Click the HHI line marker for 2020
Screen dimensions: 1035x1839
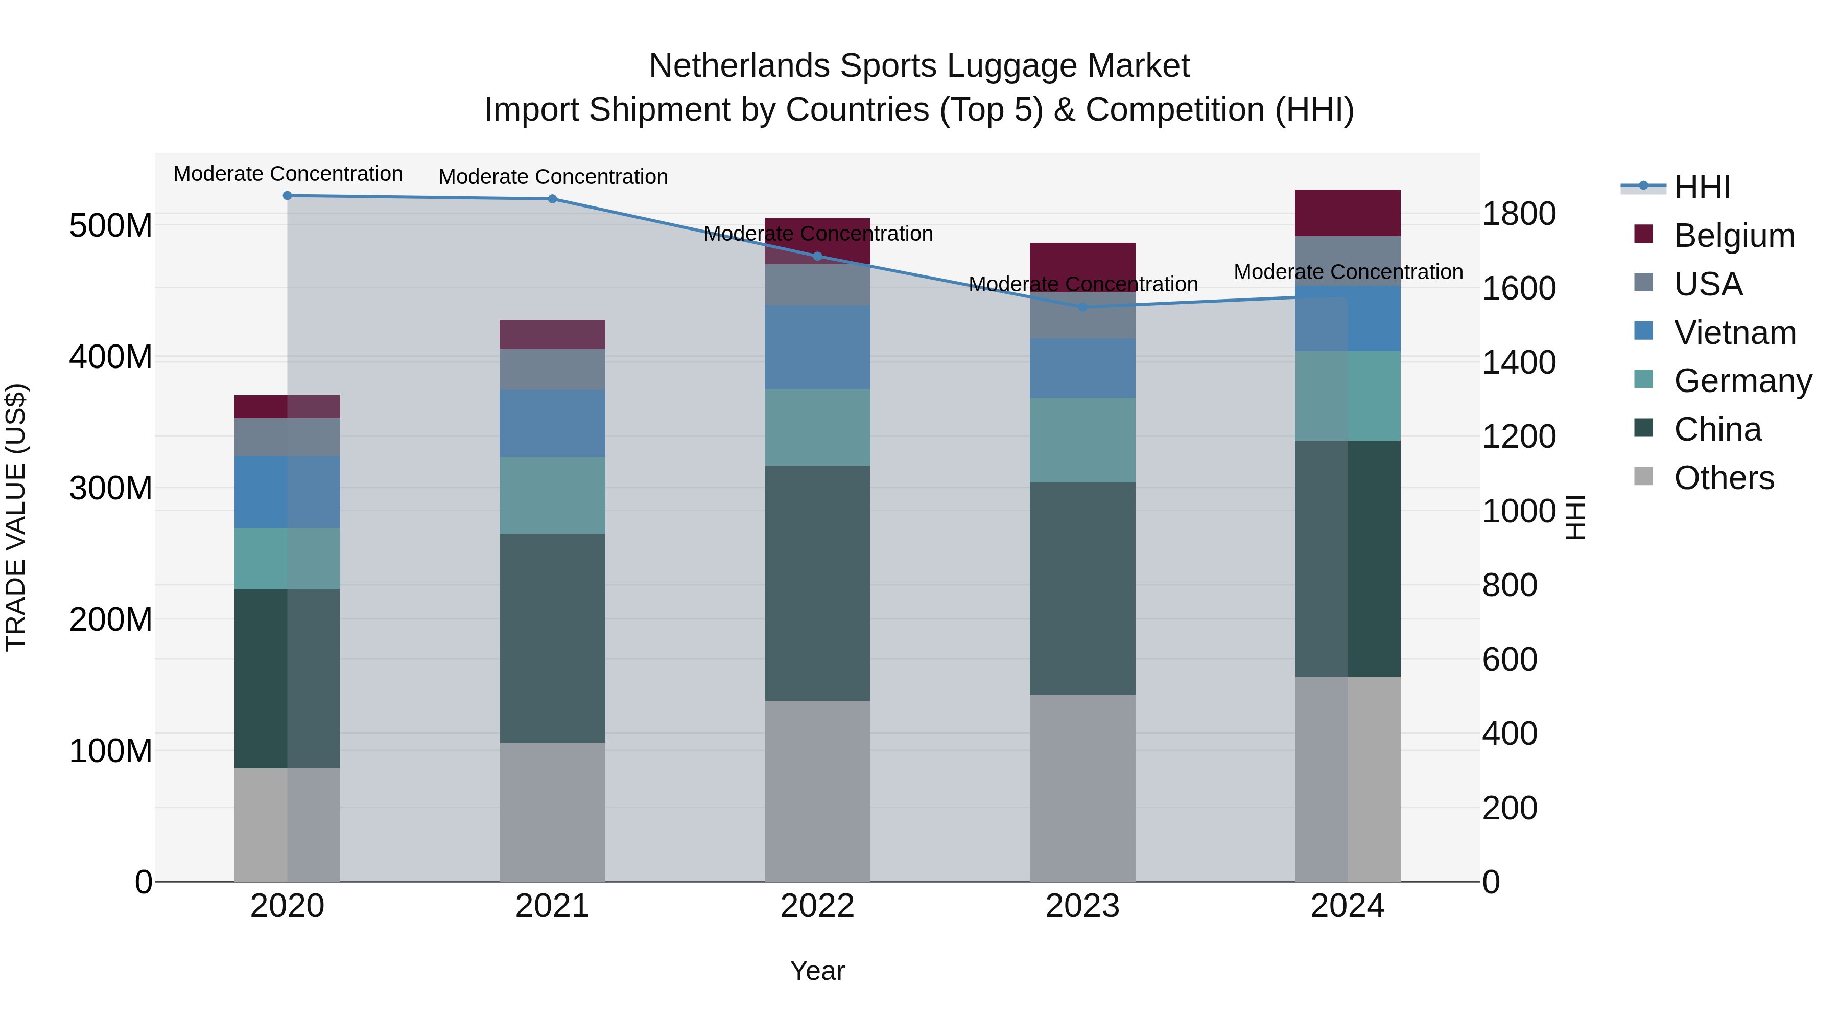[x=287, y=196]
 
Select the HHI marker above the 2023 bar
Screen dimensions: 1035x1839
[x=1082, y=307]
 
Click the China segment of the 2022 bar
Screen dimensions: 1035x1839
[x=817, y=583]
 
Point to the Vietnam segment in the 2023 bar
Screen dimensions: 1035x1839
[x=1082, y=368]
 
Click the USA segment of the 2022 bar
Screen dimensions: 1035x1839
[x=817, y=285]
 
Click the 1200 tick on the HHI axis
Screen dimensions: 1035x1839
[x=1519, y=436]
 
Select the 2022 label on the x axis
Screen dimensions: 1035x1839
[x=817, y=906]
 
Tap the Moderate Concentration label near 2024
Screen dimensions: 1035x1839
[x=1348, y=272]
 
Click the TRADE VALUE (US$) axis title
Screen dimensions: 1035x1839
[x=16, y=517]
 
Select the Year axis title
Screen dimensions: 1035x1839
[x=817, y=971]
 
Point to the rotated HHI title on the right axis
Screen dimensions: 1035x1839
[x=1574, y=517]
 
